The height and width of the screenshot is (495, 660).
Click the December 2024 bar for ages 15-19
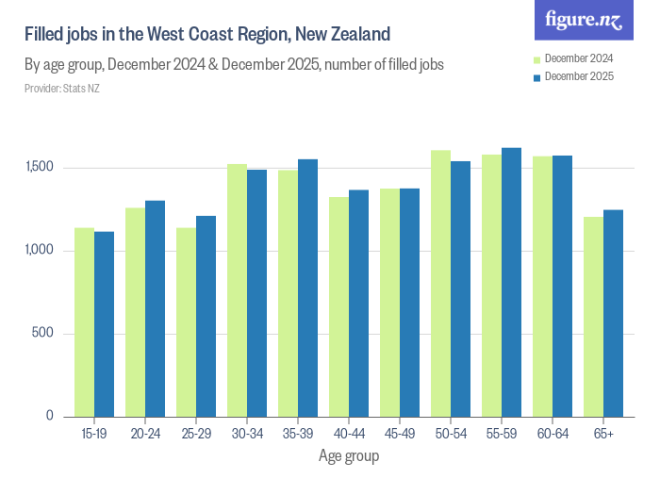85,322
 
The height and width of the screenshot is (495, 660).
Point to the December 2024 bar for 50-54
441,283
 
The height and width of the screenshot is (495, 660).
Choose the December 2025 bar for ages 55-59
511,282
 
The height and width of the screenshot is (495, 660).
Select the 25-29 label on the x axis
196,434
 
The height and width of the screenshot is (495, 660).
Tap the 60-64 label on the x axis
553,434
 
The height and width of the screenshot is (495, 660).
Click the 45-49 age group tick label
400,434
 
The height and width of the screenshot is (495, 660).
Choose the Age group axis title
349,456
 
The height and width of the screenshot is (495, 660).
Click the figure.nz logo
584,21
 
